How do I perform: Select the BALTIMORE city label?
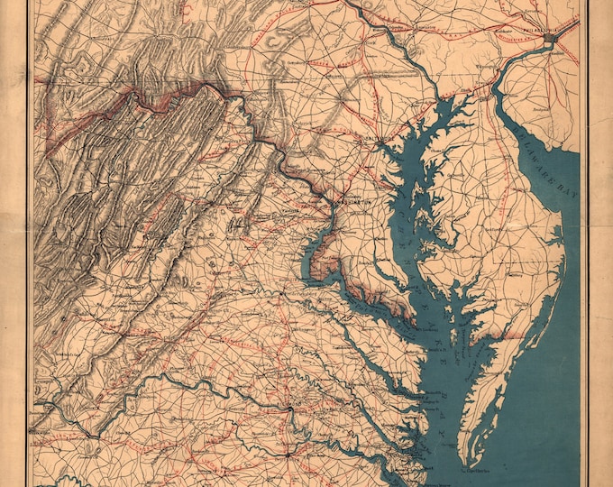point(382,138)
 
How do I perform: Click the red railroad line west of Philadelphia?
point(469,36)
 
